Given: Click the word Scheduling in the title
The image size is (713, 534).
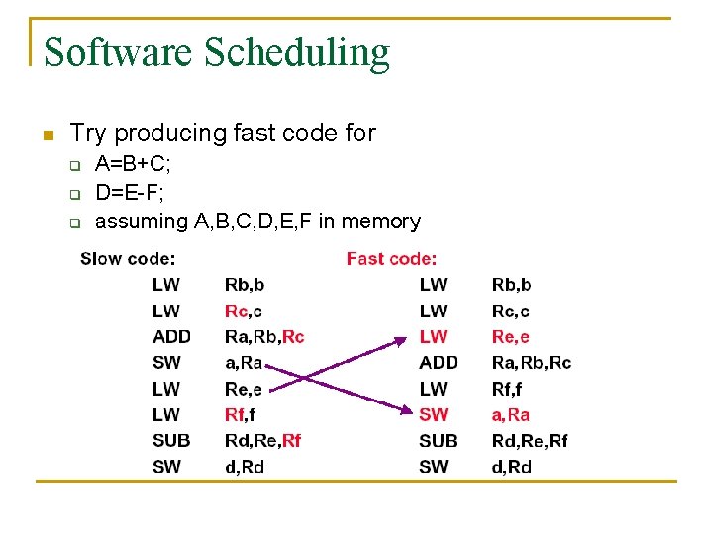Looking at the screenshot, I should click(297, 52).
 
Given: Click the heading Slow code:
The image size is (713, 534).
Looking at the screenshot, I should click(128, 259).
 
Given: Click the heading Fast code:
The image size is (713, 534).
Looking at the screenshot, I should click(391, 259).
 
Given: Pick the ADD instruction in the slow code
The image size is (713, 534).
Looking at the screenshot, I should click(171, 337).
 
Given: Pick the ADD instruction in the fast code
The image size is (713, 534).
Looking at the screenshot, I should click(438, 363).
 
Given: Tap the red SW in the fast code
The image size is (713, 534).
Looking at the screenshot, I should click(434, 414).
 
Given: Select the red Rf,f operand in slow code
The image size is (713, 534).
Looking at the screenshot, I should click(241, 414).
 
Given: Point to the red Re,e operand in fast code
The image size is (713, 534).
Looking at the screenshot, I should click(511, 337).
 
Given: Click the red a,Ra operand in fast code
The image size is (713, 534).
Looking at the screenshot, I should click(511, 414).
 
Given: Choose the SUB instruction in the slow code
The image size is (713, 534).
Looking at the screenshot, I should click(171, 440).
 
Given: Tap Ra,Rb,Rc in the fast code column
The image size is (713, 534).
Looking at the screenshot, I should click(532, 363).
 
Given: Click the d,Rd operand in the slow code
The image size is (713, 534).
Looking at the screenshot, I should click(245, 466).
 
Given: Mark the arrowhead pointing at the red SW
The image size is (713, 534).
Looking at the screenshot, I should click(403, 410).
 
